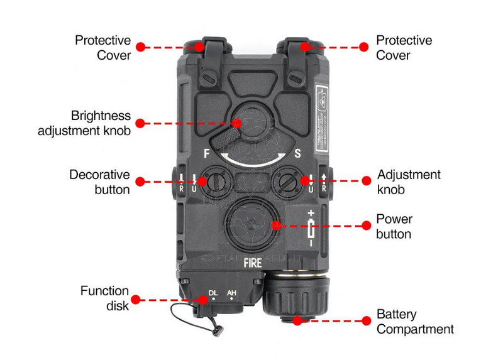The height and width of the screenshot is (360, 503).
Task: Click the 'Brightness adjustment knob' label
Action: pyautogui.click(x=84, y=123)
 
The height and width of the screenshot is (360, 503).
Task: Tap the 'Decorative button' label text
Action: pyautogui.click(x=99, y=182)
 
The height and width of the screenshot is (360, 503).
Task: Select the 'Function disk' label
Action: pyautogui.click(x=104, y=298)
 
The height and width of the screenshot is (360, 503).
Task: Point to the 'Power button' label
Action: pyautogui.click(x=394, y=226)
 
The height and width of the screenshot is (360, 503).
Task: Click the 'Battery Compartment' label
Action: pyautogui.click(x=415, y=321)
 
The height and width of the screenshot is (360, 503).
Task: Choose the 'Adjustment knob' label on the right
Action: pyautogui.click(x=409, y=182)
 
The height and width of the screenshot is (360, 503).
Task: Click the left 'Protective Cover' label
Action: pyautogui.click(x=103, y=48)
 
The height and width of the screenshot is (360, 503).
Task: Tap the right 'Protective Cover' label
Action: pyautogui.click(x=404, y=48)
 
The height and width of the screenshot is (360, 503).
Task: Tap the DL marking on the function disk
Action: pyautogui.click(x=213, y=293)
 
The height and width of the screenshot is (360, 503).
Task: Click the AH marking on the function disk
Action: pyautogui.click(x=231, y=293)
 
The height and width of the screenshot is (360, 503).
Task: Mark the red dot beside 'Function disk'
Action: pyautogui.click(x=140, y=300)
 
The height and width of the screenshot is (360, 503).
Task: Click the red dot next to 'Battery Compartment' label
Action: pyautogui.click(x=363, y=320)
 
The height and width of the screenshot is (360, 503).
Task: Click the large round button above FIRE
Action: pyautogui.click(x=252, y=224)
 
